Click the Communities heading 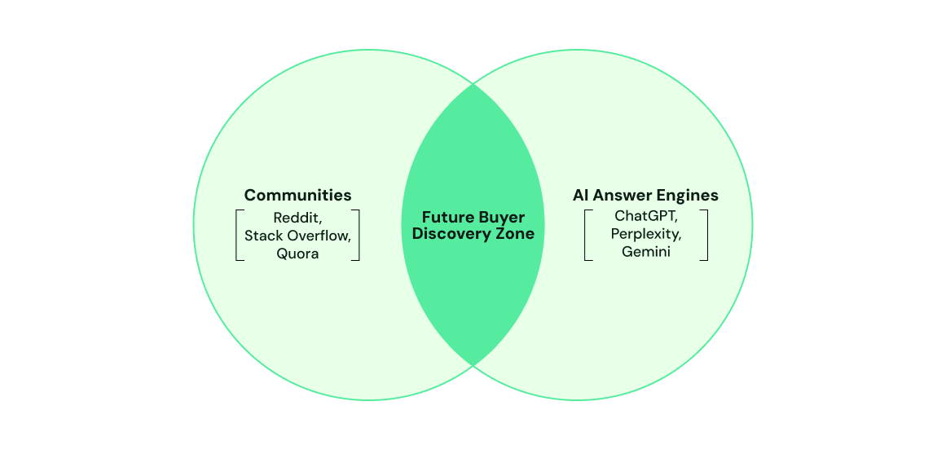point(297,195)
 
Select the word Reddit point(295,218)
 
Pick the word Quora point(297,254)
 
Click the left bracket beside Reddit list point(238,236)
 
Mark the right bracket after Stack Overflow point(357,236)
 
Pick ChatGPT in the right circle point(645,217)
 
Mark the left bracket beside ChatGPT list point(587,236)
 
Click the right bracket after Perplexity point(705,236)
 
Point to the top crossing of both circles point(473,83)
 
